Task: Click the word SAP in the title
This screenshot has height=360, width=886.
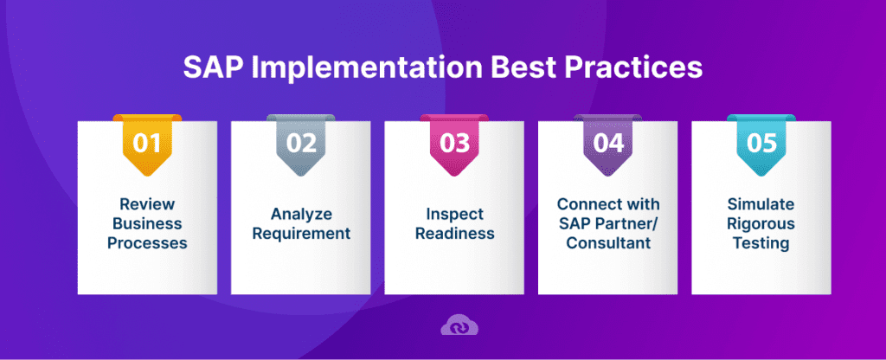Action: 210,69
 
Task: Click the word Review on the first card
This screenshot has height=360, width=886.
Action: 147,204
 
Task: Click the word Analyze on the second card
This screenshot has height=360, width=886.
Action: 301,214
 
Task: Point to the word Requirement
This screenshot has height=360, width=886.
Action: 301,234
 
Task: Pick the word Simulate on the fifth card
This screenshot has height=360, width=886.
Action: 761,204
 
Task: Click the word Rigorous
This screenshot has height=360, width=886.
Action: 761,224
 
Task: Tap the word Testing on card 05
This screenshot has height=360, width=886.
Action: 761,243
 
